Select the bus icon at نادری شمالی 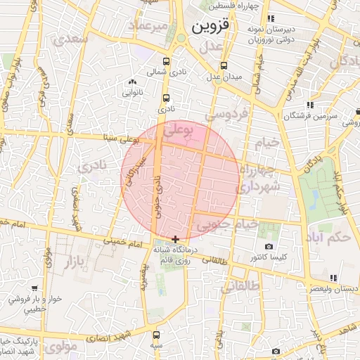[x=166, y=61]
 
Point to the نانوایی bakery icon [x=132, y=83]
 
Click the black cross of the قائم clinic [x=175, y=240]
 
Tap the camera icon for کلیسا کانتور [x=269, y=247]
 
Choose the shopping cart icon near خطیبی [x=34, y=288]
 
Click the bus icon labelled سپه [x=155, y=335]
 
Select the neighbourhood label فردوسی [x=226, y=113]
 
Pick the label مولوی [x=64, y=346]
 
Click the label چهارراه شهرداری [x=259, y=179]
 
